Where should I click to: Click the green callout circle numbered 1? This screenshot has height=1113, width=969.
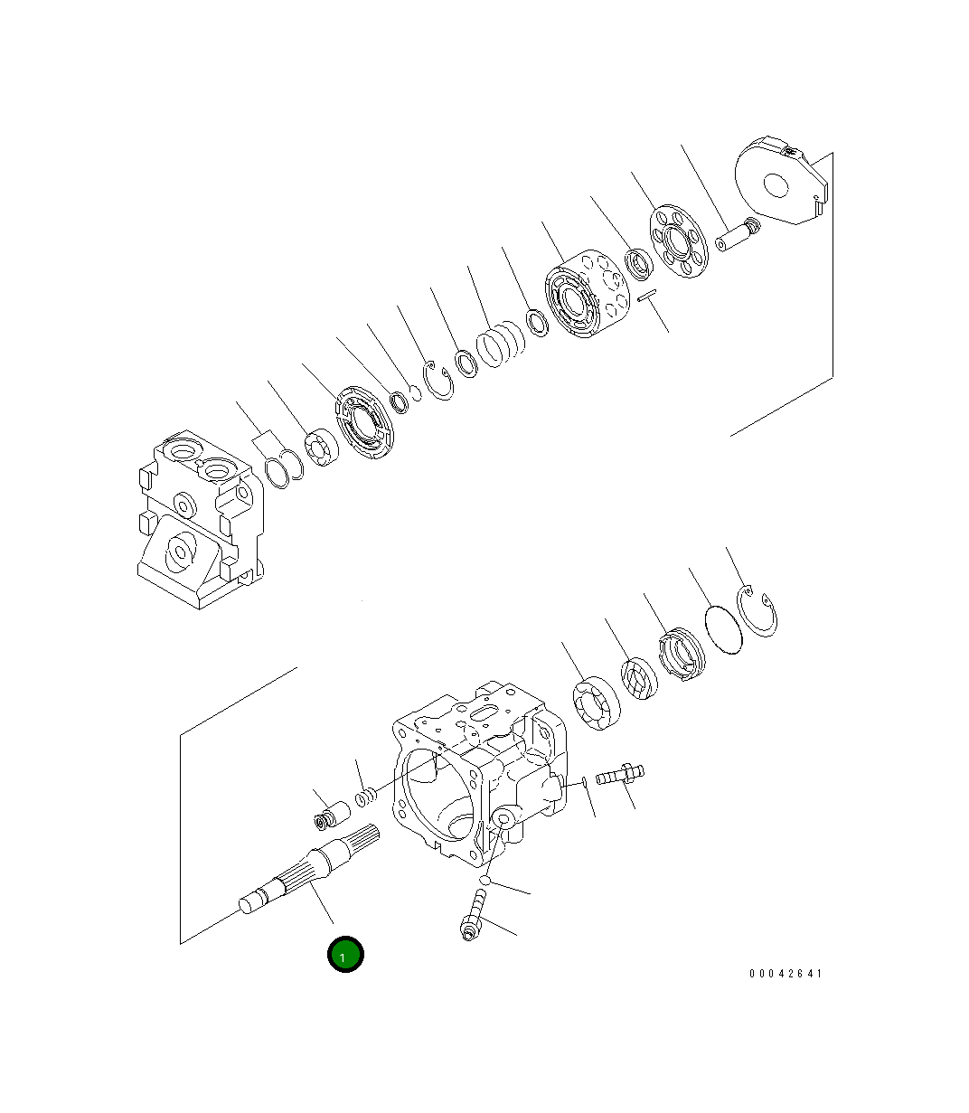pyautogui.click(x=345, y=955)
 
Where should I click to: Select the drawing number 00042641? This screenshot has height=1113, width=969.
pyautogui.click(x=786, y=974)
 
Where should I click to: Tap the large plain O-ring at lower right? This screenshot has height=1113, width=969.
pyautogui.click(x=723, y=628)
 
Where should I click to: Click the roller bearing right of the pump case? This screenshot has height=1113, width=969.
pyautogui.click(x=596, y=702)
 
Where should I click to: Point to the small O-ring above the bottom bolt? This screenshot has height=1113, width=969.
pyautogui.click(x=485, y=880)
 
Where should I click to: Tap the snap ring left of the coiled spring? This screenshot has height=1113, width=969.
pyautogui.click(x=440, y=380)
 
